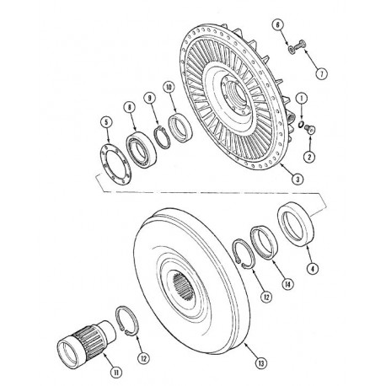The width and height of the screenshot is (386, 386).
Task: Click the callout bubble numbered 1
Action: [303, 99]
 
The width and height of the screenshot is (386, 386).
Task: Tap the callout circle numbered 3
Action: [298, 179]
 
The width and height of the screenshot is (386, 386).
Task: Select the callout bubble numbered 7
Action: [322, 74]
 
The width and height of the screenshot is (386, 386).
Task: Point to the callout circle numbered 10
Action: [169, 87]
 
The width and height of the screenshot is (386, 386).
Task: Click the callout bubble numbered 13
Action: [261, 363]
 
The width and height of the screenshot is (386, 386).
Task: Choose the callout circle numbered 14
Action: [288, 284]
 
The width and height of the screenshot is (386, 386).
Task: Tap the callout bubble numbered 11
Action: [116, 373]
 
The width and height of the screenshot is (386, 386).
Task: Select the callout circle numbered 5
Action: [106, 122]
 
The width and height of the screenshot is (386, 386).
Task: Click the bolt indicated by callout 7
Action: [299, 46]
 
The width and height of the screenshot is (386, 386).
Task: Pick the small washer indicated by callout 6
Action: [291, 50]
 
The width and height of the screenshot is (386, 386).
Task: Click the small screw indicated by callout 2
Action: [309, 129]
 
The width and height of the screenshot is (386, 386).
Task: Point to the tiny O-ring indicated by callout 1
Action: [301, 124]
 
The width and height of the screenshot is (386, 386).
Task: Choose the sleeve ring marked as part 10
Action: [180, 127]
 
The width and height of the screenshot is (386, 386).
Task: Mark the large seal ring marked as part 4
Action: [296, 226]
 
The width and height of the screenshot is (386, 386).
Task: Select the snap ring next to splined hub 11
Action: [126, 321]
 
